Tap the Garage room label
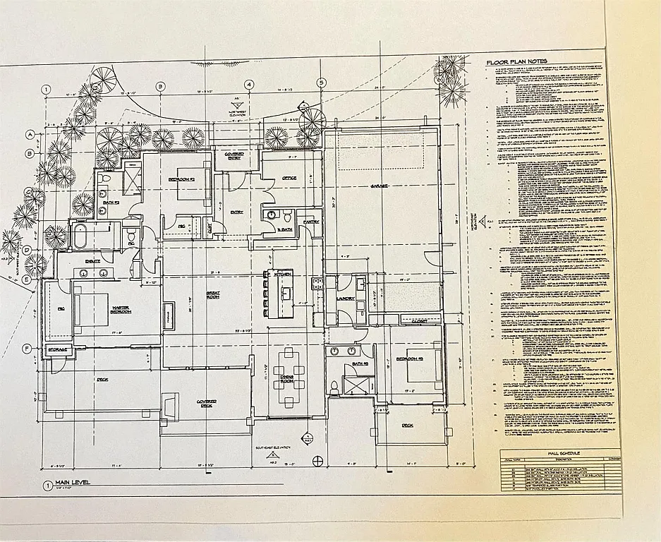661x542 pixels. pyautogui.click(x=382, y=186)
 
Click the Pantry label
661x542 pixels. pyautogui.click(x=311, y=222)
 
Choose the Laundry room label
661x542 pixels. pyautogui.click(x=346, y=299)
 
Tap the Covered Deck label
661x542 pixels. pyautogui.click(x=206, y=403)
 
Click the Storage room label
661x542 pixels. pyautogui.click(x=58, y=349)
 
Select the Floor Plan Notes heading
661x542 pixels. pyautogui.click(x=516, y=62)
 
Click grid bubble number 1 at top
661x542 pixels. pyautogui.click(x=46, y=89)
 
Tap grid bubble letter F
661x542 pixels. pyautogui.click(x=26, y=348)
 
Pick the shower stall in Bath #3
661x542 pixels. pyautogui.click(x=355, y=387)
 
